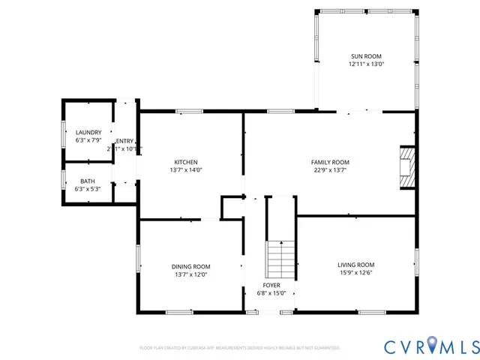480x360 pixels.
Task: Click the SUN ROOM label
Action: tap(365, 56)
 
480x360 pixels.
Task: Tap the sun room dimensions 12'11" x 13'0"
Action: tap(365, 64)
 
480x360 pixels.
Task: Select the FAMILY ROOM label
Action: tap(330, 162)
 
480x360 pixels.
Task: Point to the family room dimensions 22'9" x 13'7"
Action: tap(330, 170)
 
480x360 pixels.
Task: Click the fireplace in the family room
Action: tap(406, 166)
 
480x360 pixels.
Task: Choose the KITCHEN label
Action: tap(186, 162)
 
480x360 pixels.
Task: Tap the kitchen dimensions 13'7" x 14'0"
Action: tap(186, 170)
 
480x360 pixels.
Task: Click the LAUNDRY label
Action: tap(88, 133)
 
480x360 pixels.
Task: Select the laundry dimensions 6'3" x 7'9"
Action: tap(88, 140)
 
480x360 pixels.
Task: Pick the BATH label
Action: tap(88, 181)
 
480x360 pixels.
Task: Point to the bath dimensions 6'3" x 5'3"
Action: tap(88, 189)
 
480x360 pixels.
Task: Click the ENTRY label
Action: tap(124, 141)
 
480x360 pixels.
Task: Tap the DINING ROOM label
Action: tap(191, 266)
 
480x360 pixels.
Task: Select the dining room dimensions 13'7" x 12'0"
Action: tap(191, 274)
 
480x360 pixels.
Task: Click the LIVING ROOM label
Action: tap(355, 265)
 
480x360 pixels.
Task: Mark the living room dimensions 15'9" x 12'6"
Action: tap(355, 273)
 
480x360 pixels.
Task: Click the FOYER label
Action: tap(271, 286)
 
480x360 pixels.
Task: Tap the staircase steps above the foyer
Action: tap(281, 259)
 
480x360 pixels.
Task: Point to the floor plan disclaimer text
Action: tap(240, 348)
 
